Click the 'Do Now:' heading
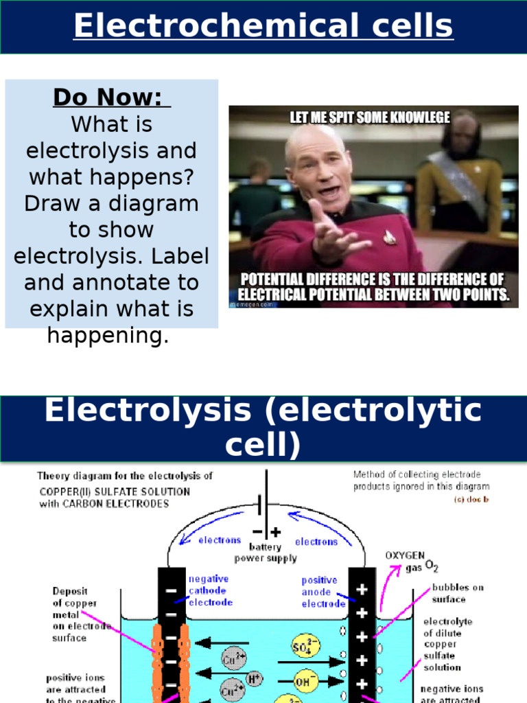pos(111,98)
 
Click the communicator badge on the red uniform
pos(389,237)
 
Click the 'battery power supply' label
pos(266,553)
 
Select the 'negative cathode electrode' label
pos(210,590)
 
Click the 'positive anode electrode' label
pos(323,592)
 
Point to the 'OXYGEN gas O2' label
pos(410,561)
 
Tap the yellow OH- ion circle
pos(303,683)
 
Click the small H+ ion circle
pos(254,680)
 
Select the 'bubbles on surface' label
pos(457,593)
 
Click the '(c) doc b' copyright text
pos(473,499)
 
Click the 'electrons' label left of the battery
pos(220,540)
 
